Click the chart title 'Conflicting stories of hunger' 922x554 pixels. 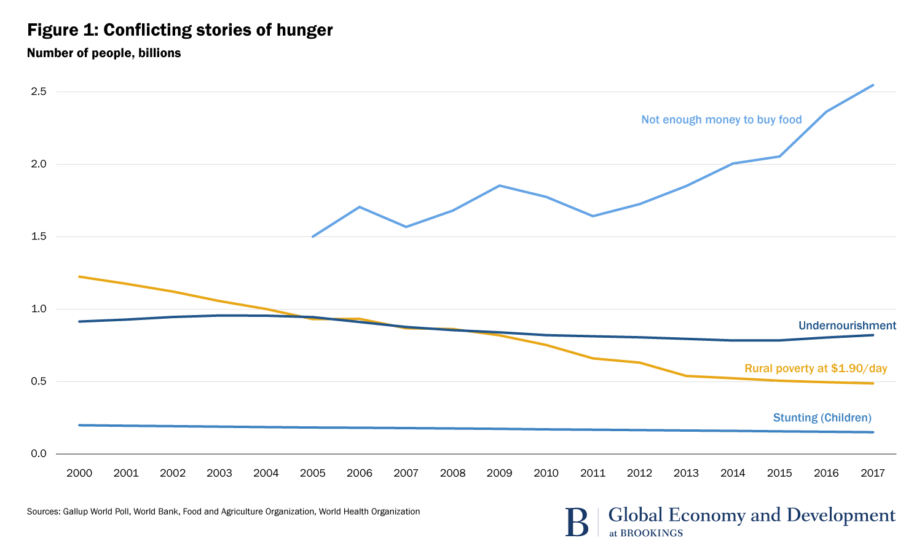pyautogui.click(x=218, y=30)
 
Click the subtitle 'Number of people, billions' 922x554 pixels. pyautogui.click(x=104, y=53)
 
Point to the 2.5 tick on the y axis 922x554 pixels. pyautogui.click(x=38, y=92)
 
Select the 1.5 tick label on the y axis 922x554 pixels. pyautogui.click(x=38, y=237)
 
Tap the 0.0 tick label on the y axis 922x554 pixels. pyautogui.click(x=38, y=454)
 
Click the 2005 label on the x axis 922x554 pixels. pyautogui.click(x=313, y=473)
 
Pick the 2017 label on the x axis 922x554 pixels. pyautogui.click(x=873, y=473)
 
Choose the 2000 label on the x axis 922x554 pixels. pyautogui.click(x=79, y=473)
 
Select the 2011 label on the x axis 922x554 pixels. pyautogui.click(x=593, y=473)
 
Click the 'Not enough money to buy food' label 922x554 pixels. pyautogui.click(x=721, y=120)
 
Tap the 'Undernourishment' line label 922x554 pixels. pyautogui.click(x=847, y=326)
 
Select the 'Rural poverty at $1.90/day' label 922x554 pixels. pyautogui.click(x=816, y=369)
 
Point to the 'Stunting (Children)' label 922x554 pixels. pyautogui.click(x=822, y=418)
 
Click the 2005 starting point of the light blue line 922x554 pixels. pyautogui.click(x=313, y=236)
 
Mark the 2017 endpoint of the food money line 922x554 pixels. pyautogui.click(x=873, y=85)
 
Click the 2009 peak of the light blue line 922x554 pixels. pyautogui.click(x=499, y=185)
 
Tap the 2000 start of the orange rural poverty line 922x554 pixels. pyautogui.click(x=79, y=277)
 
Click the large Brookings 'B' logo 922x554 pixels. pyautogui.click(x=577, y=521)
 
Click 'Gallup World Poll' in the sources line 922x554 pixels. pyautogui.click(x=95, y=512)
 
